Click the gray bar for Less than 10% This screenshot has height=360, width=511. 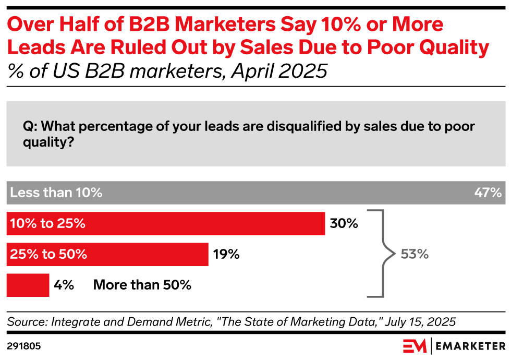coord(256,193)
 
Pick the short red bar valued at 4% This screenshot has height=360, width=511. coord(28,285)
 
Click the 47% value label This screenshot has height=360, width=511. coord(488,193)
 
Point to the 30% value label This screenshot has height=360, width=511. coord(344,224)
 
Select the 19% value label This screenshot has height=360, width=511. coord(226,255)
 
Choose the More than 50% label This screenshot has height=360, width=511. coord(142,285)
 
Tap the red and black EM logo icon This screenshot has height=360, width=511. coord(414,346)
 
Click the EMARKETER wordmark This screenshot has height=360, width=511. coord(469,346)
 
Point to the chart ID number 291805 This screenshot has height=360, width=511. coord(24,346)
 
